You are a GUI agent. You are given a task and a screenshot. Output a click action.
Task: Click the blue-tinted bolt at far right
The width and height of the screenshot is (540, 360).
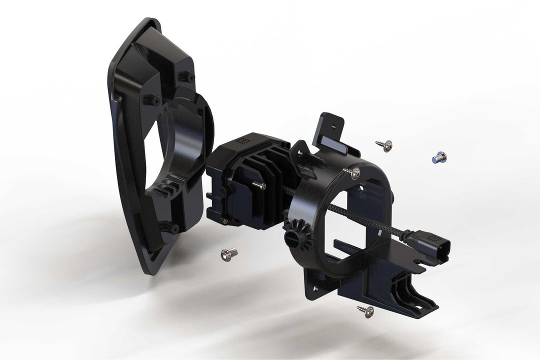click(439, 157)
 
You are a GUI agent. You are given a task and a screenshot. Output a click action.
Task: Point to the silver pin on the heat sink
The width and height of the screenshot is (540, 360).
click(260, 185)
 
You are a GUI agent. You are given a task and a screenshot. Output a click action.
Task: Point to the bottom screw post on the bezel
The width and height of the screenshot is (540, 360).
click(174, 227)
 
